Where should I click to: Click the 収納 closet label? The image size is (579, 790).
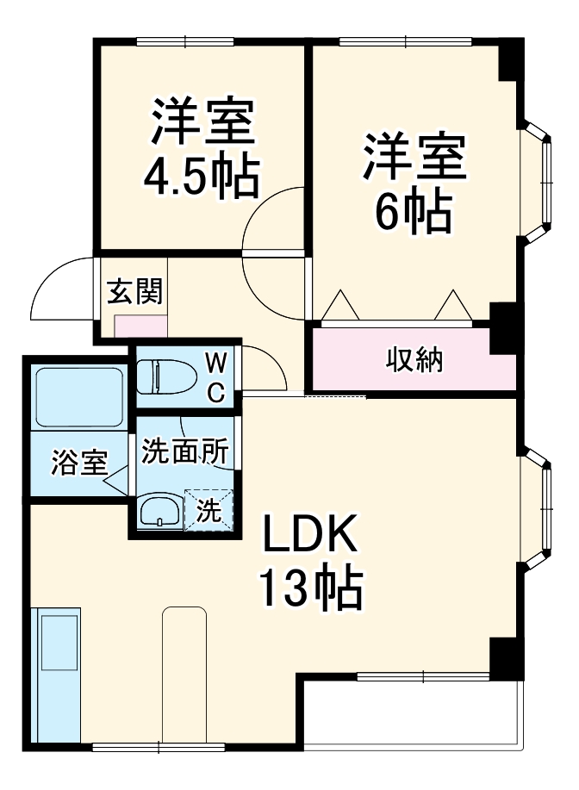click(x=414, y=359)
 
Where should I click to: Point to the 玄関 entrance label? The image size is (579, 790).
click(x=134, y=292)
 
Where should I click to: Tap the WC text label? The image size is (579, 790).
click(x=216, y=376)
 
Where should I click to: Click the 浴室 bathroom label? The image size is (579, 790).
click(x=78, y=463)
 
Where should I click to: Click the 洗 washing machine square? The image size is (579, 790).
click(x=209, y=509)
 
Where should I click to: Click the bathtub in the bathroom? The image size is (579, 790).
click(x=78, y=396)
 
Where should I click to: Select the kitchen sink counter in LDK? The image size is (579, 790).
click(x=57, y=675)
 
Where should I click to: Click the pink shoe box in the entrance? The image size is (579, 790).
click(x=141, y=326)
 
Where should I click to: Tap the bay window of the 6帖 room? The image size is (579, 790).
click(x=541, y=181)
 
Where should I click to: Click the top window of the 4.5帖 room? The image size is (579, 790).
click(x=185, y=40)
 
